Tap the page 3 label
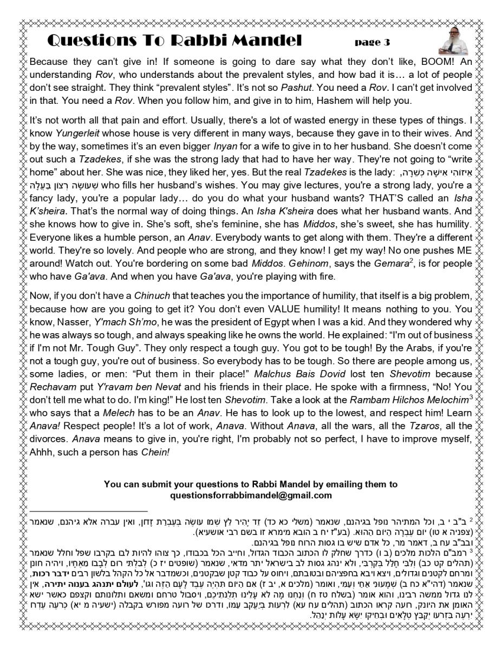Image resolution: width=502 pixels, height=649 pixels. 372,42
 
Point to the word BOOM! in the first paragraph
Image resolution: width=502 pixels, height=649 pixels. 425,62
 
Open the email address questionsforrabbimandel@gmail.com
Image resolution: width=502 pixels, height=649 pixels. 250,495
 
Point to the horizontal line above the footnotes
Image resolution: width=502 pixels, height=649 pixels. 89,511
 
